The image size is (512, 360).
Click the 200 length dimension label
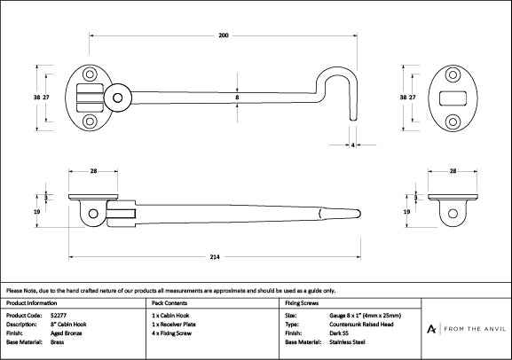tap(224, 35)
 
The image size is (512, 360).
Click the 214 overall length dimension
tap(215, 257)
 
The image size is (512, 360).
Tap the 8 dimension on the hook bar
tap(237, 97)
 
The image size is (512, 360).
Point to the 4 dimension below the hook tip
tap(352, 145)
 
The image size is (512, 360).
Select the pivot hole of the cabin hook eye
tap(117, 98)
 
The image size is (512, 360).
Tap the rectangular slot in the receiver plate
tap(453, 98)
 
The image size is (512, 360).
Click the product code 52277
tap(59, 316)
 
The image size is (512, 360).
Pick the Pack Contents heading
tap(169, 303)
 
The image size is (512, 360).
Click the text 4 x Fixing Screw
tap(171, 333)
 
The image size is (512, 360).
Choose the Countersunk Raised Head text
tap(361, 325)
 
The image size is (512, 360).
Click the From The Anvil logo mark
tap(431, 329)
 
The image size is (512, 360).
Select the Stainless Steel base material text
tap(347, 342)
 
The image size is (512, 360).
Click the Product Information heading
tap(31, 303)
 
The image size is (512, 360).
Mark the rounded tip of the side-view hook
tap(358, 214)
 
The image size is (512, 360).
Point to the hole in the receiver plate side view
tap(453, 214)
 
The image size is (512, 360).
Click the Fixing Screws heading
tap(302, 303)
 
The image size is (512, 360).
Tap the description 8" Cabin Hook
tap(68, 325)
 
